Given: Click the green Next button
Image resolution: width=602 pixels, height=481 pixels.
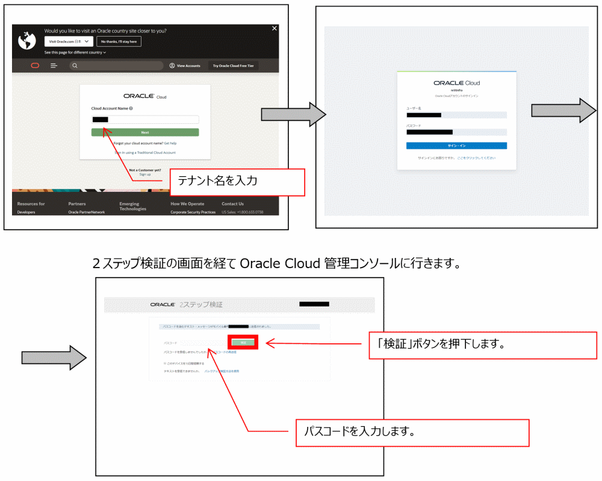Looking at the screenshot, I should [x=145, y=132].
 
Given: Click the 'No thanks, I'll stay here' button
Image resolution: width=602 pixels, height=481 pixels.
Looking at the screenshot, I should [x=119, y=41].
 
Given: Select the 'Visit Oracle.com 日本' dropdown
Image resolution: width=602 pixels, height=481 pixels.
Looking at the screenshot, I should [x=69, y=41].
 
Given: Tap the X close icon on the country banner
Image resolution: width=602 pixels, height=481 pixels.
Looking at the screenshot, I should [x=275, y=28].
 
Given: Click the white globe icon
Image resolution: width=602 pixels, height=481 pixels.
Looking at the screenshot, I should [x=27, y=40].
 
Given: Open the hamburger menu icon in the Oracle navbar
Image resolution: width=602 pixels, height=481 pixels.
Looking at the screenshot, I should [x=54, y=66].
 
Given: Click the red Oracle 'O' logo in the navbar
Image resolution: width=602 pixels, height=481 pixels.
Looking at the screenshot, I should [x=35, y=66].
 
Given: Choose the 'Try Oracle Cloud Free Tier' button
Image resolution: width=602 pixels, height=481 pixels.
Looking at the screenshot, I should [x=234, y=66].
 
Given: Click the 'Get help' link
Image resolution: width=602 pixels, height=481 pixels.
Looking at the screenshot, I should [x=170, y=143].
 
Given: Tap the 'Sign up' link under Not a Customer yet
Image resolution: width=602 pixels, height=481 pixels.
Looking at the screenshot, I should [x=145, y=174].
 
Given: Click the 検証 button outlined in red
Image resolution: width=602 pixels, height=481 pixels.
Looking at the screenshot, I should [x=243, y=342].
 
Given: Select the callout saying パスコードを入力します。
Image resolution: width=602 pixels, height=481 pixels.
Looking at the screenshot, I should [x=412, y=432].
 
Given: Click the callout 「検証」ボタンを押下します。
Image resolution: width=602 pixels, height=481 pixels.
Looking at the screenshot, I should [x=482, y=345].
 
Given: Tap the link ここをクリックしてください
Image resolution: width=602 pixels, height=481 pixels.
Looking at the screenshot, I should [x=476, y=158].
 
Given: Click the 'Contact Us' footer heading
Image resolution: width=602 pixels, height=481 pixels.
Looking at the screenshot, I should [x=232, y=204].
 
